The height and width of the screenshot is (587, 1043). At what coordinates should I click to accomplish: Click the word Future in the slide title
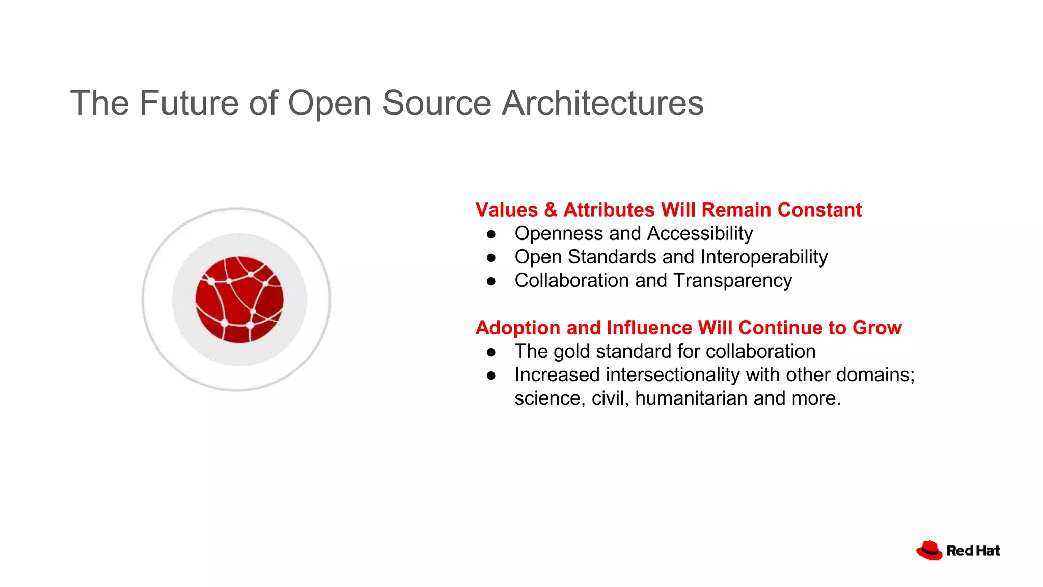[x=189, y=103]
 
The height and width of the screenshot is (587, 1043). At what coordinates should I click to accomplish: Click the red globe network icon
[x=239, y=300]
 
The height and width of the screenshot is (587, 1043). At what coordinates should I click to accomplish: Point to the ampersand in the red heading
[x=551, y=210]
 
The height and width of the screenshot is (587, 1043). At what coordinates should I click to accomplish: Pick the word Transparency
[x=733, y=281]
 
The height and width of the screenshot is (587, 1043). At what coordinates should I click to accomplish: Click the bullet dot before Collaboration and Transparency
[x=491, y=281]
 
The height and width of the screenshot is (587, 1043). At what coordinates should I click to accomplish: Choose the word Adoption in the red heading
[x=518, y=328]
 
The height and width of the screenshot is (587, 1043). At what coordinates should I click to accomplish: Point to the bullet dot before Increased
[x=491, y=376]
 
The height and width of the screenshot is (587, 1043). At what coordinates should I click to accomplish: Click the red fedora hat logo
[x=929, y=550]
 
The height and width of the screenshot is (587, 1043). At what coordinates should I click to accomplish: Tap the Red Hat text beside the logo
[x=973, y=551]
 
